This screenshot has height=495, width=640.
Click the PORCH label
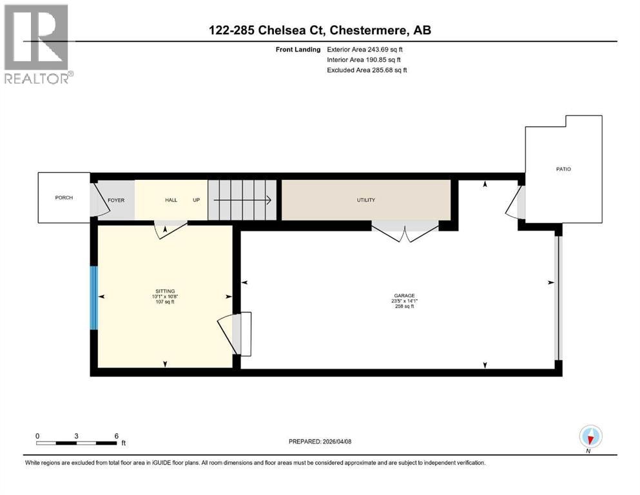coord(64,197)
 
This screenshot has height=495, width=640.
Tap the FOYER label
coord(116,200)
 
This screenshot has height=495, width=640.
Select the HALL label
coord(171,200)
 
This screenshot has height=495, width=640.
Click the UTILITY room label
coord(365,200)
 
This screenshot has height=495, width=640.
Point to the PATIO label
coord(564,169)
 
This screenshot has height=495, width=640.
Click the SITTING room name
coord(165,291)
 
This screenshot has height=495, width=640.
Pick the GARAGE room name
coord(405,295)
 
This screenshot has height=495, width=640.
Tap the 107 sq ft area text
coord(165,302)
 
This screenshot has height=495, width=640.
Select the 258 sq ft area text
coord(405,306)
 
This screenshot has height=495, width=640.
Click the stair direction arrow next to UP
coord(242,200)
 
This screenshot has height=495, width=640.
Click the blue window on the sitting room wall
coord(94,298)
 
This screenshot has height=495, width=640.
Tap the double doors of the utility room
coord(405,232)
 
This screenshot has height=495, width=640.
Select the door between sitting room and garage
coord(235,334)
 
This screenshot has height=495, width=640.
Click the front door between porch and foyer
coord(100,200)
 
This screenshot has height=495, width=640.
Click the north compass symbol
coord(590,436)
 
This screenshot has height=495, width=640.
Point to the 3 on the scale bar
coord(76,436)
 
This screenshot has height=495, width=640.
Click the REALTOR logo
coord(38,44)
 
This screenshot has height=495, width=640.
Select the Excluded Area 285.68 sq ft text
coord(367,70)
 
